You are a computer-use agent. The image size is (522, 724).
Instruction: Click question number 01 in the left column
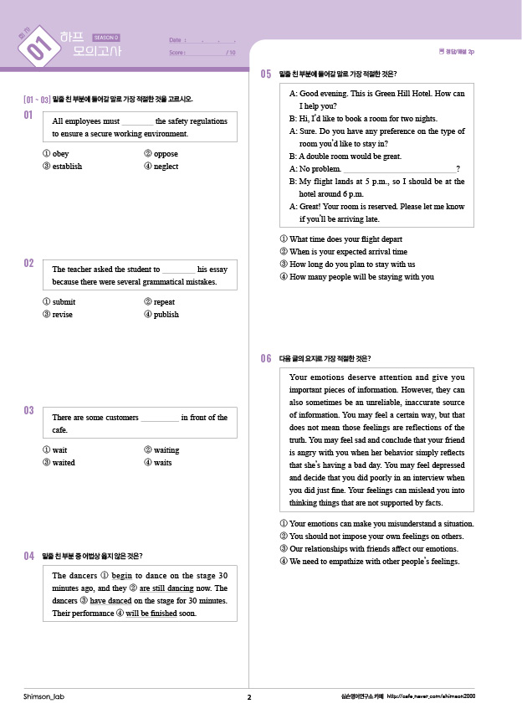[28, 115]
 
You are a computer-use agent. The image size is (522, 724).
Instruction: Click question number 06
[266, 358]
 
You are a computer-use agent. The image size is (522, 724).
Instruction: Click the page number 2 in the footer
[249, 697]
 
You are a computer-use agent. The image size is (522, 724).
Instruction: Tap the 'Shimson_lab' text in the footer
[41, 697]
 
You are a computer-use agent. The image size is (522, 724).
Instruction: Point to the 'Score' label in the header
[177, 52]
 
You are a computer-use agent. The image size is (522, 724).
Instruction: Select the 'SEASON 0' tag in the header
[106, 38]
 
